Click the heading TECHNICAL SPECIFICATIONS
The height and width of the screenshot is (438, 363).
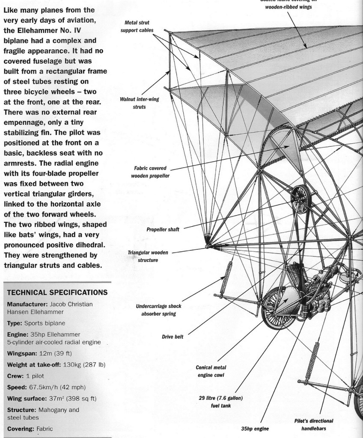[x=57, y=293]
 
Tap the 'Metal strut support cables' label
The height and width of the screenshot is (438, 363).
[x=137, y=27]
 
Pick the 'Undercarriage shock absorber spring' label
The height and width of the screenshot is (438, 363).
[x=158, y=310]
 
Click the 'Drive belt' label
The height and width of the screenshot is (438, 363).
[x=173, y=337]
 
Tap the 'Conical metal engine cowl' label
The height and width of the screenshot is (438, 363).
[x=211, y=371]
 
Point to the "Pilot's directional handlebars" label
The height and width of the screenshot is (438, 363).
[x=314, y=424]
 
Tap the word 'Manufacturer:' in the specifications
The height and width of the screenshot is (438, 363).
[x=28, y=304]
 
